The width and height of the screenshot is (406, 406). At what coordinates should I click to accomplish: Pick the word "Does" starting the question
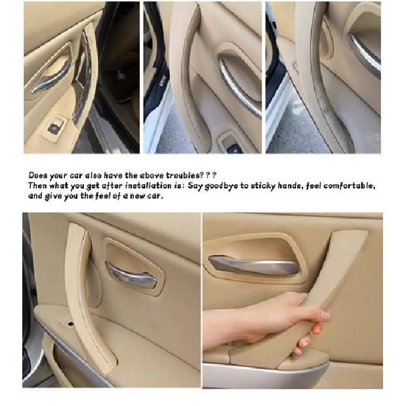tap(39, 175)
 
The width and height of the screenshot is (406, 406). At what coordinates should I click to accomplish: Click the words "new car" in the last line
tap(148, 196)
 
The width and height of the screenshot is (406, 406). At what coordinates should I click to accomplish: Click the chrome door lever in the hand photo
tap(253, 265)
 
